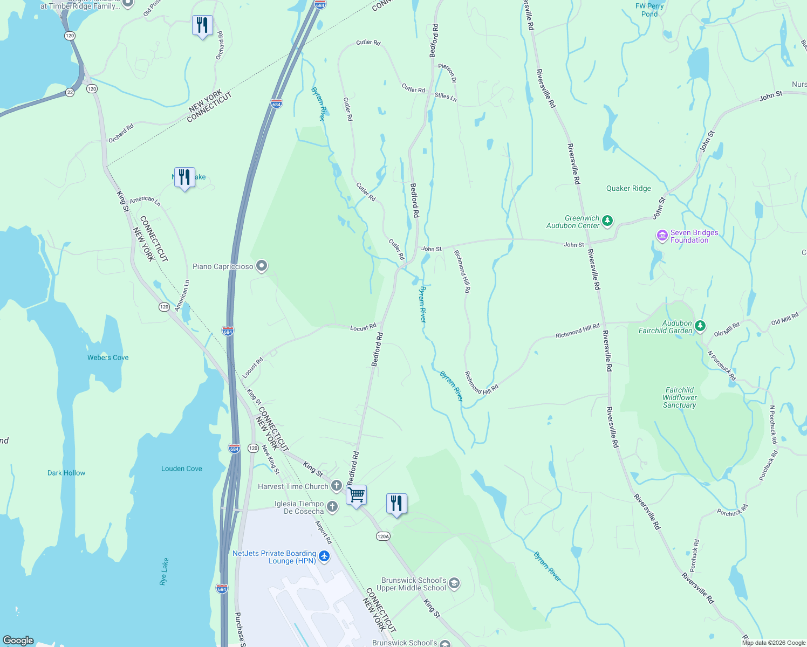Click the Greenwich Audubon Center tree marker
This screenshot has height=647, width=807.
(607, 221)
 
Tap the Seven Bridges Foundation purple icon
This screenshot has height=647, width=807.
(662, 236)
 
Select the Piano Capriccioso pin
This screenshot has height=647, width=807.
(262, 266)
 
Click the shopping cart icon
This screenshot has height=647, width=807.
(357, 494)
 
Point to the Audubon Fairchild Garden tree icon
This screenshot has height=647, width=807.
(700, 326)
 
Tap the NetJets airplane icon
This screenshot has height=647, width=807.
(324, 556)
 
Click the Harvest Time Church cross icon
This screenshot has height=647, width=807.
(336, 486)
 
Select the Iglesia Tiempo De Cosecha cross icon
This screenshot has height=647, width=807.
(332, 506)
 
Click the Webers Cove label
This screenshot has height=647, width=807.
(108, 357)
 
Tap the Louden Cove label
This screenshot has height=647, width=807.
(181, 469)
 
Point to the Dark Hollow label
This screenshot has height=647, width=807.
(66, 473)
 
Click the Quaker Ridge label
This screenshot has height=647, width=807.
(628, 188)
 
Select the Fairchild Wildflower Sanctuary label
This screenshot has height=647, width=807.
(680, 397)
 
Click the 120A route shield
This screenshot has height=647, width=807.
(383, 536)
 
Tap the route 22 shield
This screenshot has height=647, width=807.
(70, 92)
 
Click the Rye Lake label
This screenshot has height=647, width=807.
(163, 572)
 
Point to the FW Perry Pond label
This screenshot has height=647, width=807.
(649, 10)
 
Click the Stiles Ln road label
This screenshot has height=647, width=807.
(446, 97)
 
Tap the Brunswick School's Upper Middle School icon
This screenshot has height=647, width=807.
(454, 583)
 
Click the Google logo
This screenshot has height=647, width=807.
(18, 640)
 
